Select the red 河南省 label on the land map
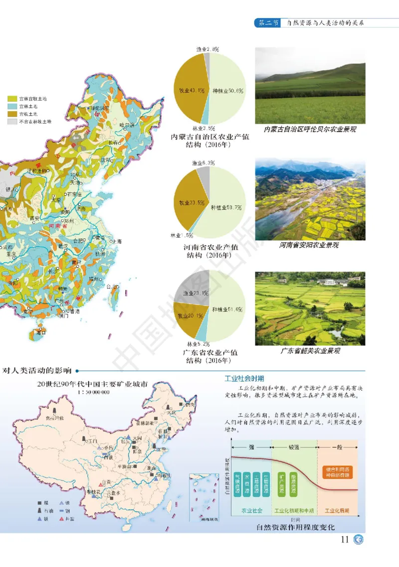pos(52,226)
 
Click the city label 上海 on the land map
pos(116,241)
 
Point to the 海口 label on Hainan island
pos(42,332)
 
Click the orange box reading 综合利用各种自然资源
pos(337,472)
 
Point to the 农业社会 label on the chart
pos(252,511)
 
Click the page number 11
pos(344,540)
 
